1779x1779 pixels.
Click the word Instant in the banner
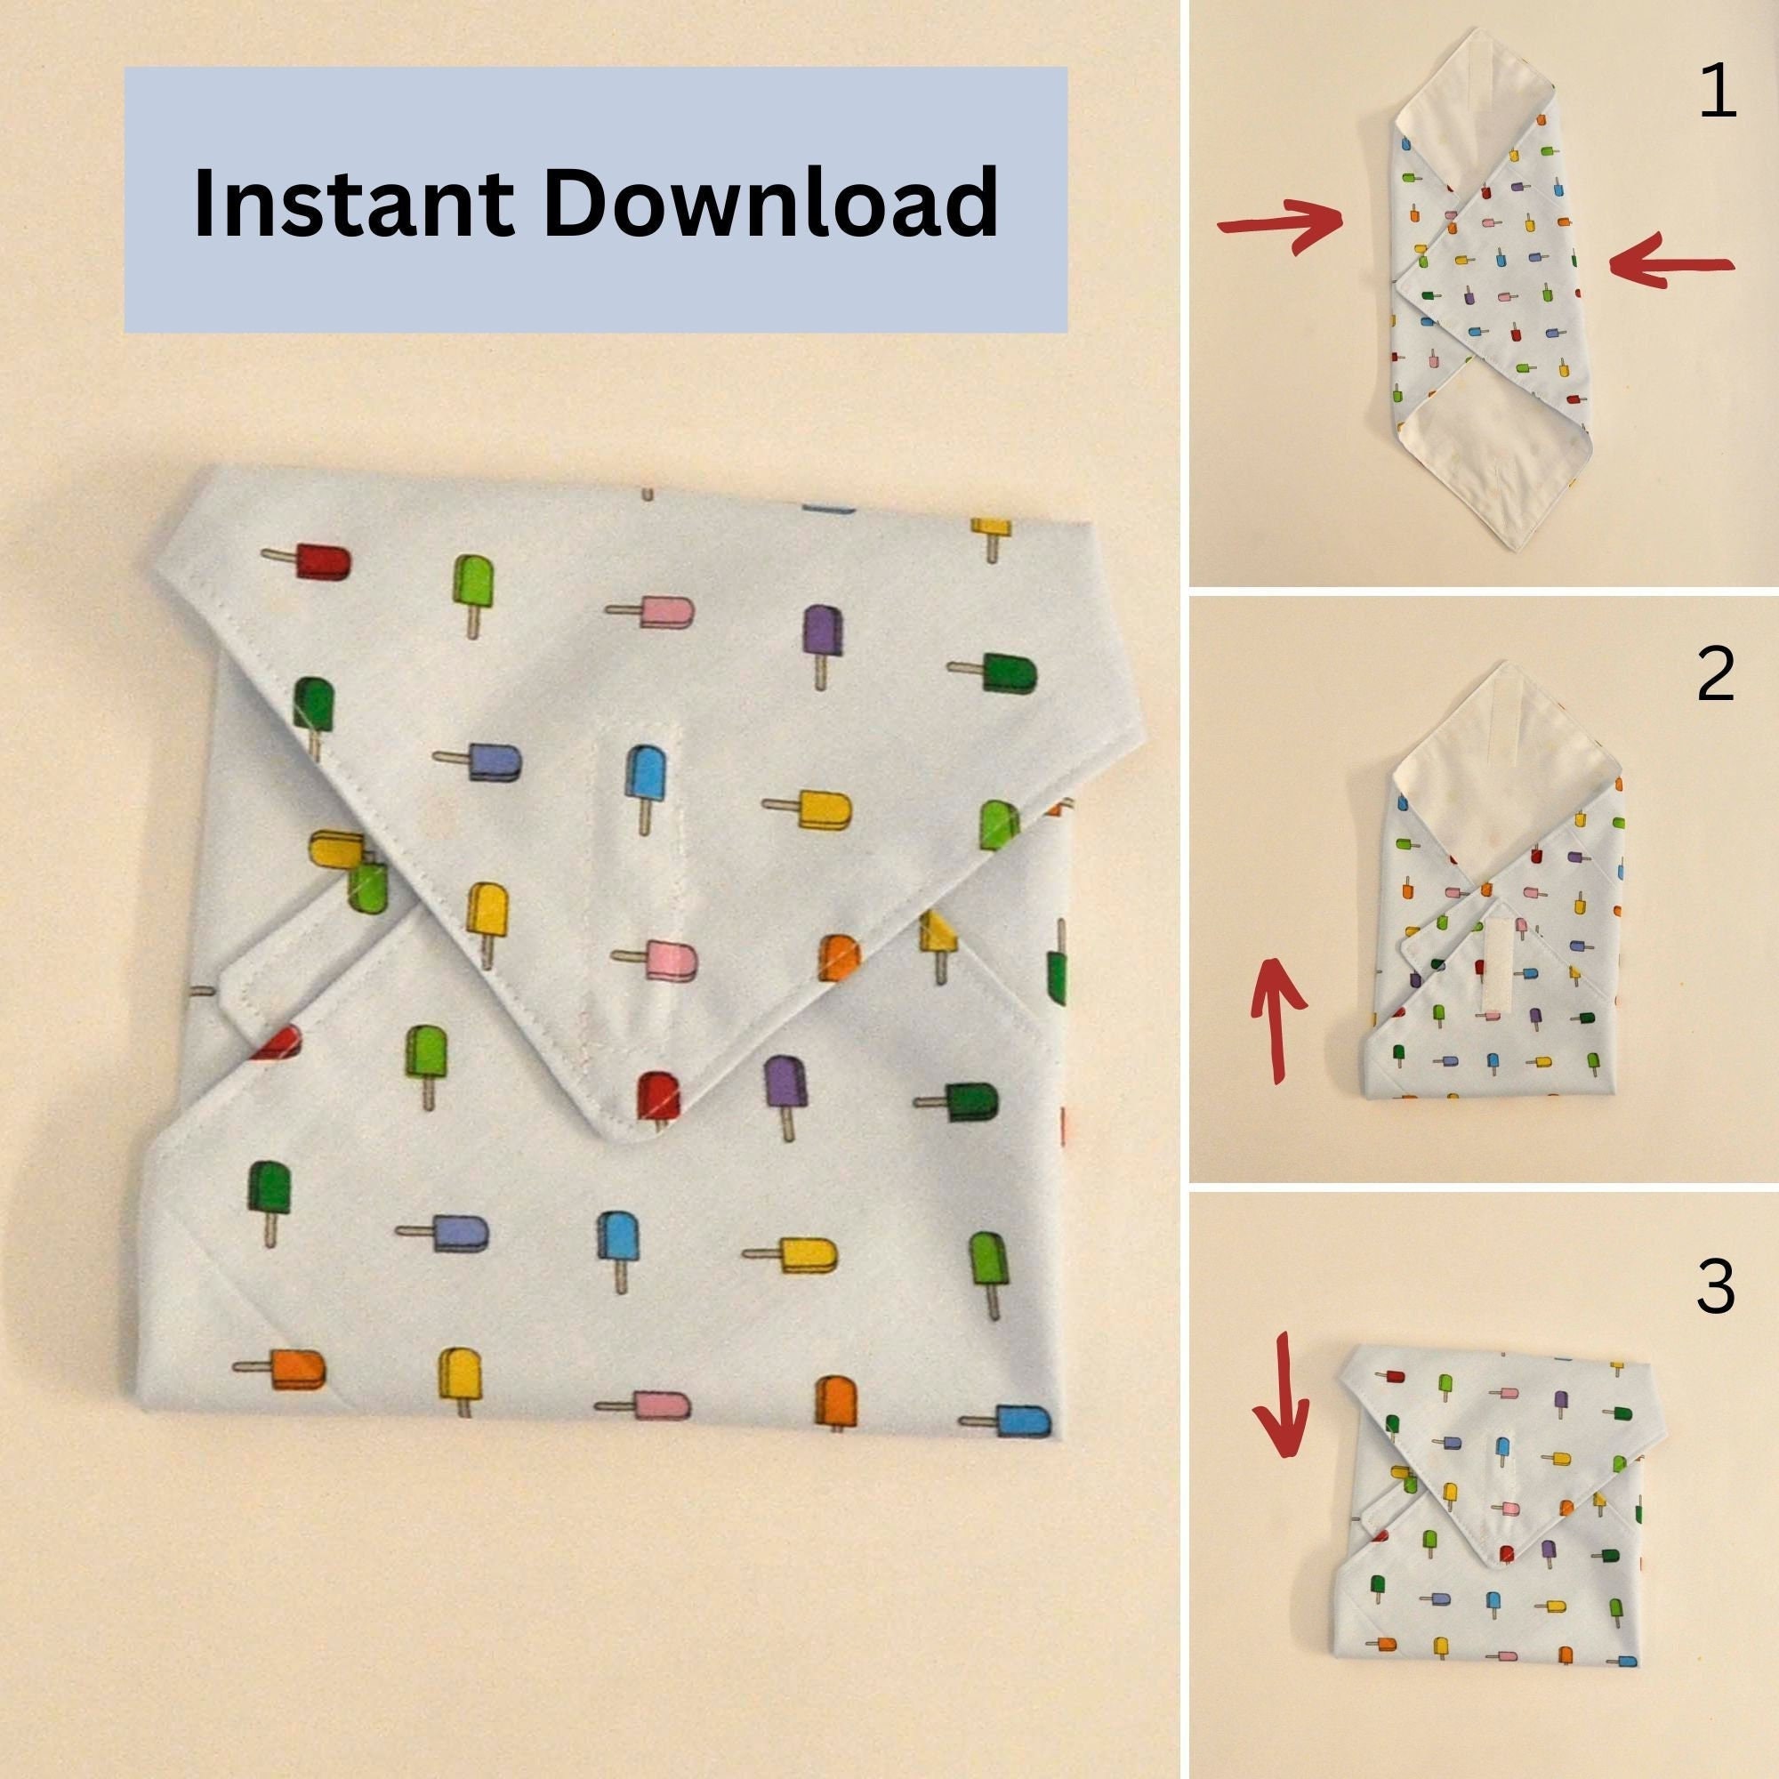pos(354,202)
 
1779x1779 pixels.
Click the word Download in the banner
pos(770,202)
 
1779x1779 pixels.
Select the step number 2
pos(1716,675)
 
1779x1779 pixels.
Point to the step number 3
pos(1716,1286)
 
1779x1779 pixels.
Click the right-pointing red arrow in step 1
pos(1281,224)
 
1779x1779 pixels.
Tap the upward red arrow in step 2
pos(1277,1018)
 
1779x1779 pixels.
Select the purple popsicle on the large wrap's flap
pos(822,634)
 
